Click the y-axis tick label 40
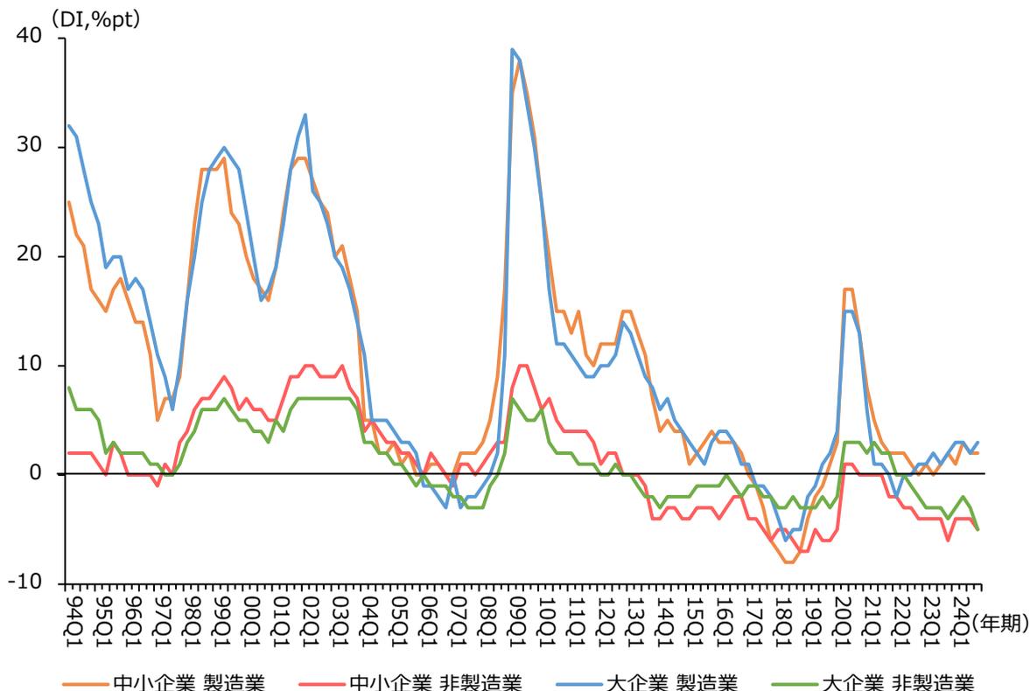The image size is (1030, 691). tap(32, 38)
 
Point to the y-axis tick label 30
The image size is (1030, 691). tap(32, 147)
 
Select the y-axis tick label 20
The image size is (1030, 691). tap(32, 256)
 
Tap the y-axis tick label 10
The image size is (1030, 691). tap(32, 365)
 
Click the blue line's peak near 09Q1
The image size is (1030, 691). tap(513, 49)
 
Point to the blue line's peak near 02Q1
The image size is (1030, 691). tap(305, 115)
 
